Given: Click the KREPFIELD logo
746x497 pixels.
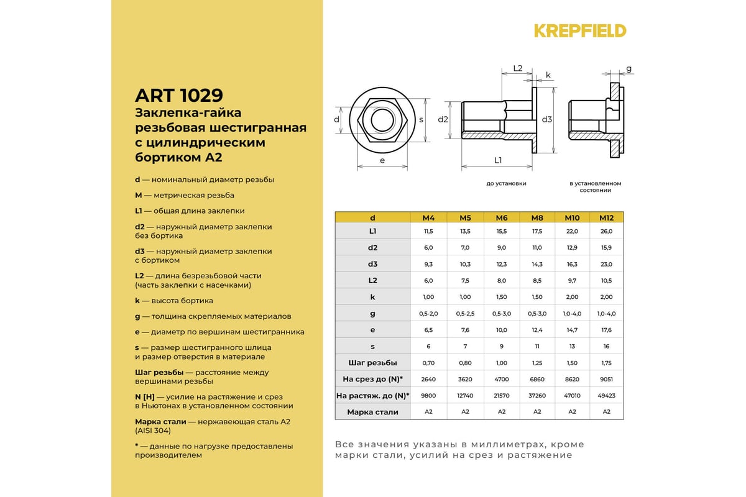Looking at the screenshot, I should [580, 30].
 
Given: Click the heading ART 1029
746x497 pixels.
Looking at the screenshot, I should [179, 95].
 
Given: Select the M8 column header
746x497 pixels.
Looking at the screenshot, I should [536, 217].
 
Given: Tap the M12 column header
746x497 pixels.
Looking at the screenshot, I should [606, 217].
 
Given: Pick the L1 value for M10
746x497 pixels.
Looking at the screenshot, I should [571, 231].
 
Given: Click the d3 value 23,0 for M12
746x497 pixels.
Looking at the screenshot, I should [606, 264].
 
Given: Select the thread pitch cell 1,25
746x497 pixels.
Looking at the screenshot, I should [536, 363].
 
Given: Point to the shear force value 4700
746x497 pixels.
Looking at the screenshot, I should [501, 379].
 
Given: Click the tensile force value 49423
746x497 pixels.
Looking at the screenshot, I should [606, 395].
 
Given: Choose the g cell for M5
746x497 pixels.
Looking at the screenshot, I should [465, 314].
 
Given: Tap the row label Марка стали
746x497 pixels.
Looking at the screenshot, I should [372, 412].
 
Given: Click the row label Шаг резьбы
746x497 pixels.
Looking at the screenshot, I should [372, 363].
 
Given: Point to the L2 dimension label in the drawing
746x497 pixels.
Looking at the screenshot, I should [517, 68].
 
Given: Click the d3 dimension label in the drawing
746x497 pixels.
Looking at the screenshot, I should [547, 119].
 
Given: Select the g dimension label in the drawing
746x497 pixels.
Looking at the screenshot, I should [629, 69].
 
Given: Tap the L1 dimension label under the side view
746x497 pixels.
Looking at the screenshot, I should [498, 160].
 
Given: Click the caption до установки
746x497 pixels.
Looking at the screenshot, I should [506, 184].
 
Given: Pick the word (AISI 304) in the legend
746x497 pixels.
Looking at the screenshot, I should [153, 430].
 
